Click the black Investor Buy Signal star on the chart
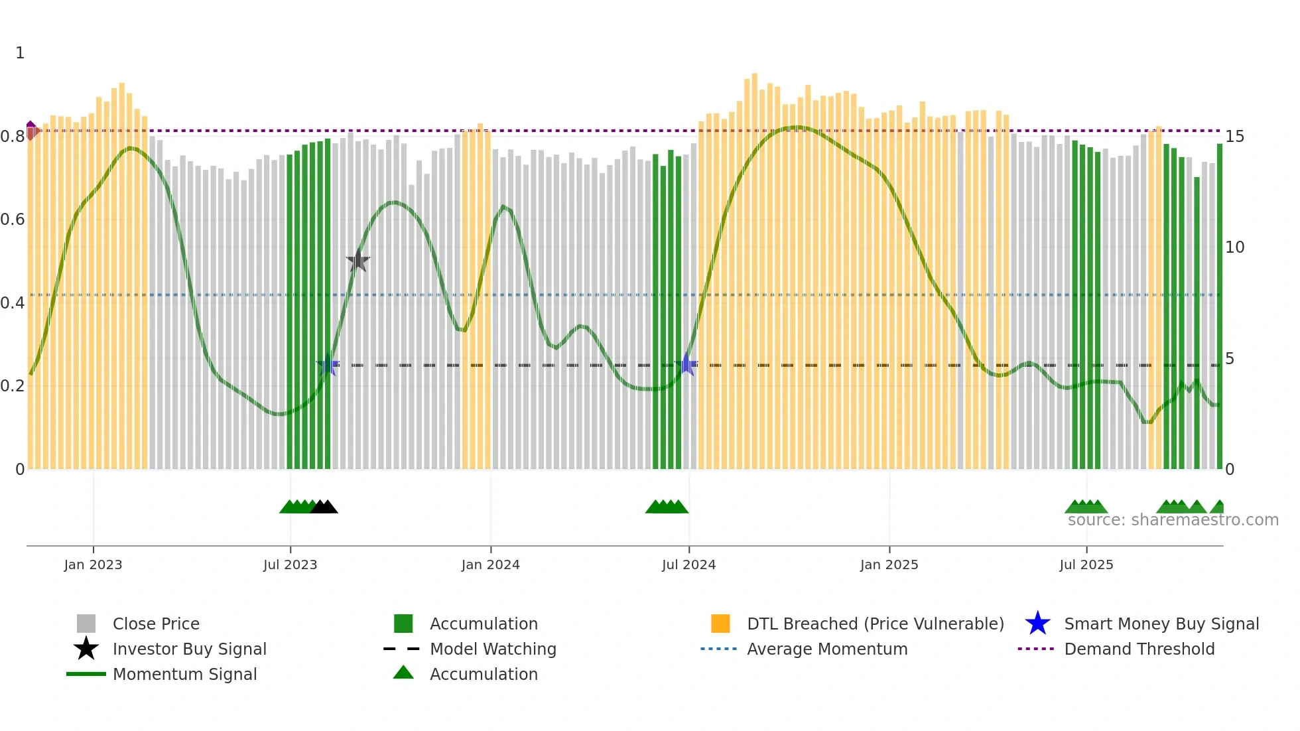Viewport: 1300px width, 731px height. pyautogui.click(x=357, y=261)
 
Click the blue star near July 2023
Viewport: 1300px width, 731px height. pyautogui.click(x=328, y=364)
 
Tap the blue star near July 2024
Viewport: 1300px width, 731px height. pyautogui.click(x=688, y=364)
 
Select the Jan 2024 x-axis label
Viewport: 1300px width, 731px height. pyautogui.click(x=490, y=565)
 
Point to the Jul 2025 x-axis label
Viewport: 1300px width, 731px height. pyautogui.click(x=1086, y=565)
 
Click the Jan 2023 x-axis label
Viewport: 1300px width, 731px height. pyautogui.click(x=93, y=565)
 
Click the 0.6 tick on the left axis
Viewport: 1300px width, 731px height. pyautogui.click(x=13, y=220)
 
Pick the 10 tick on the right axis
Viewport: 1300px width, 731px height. pyautogui.click(x=1234, y=247)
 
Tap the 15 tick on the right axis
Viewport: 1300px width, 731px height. pyautogui.click(x=1234, y=137)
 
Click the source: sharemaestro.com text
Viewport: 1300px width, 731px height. pyautogui.click(x=1173, y=520)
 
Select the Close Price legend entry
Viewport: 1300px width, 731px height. pyautogui.click(x=156, y=624)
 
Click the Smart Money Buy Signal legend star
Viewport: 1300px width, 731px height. pyautogui.click(x=1037, y=624)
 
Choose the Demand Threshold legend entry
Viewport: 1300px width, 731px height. pyautogui.click(x=1139, y=649)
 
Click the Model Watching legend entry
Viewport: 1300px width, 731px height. pyautogui.click(x=492, y=649)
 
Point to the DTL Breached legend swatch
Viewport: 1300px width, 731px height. pyautogui.click(x=720, y=624)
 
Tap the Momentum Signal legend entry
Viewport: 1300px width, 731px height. pyautogui.click(x=184, y=674)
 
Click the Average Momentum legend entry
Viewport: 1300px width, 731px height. pyautogui.click(x=826, y=649)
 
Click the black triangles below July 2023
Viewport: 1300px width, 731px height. pyautogui.click(x=324, y=507)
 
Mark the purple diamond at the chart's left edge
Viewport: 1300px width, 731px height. pyautogui.click(x=31, y=130)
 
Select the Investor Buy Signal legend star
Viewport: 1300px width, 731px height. pyautogui.click(x=86, y=649)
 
